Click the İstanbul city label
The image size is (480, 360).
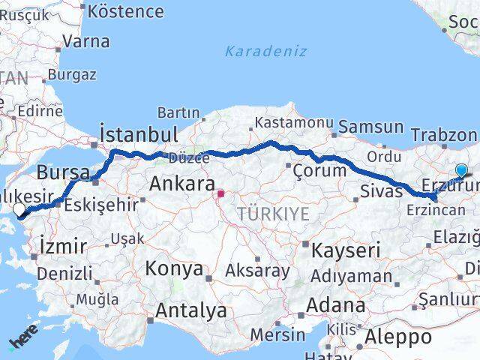tap(139, 135)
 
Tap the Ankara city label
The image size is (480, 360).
tap(182, 183)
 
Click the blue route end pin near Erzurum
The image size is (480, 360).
tap(460, 171)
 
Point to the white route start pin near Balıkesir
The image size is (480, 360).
tap(19, 210)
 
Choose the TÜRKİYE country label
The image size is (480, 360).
tap(273, 214)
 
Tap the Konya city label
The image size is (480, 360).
tap(174, 268)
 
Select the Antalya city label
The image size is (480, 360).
tap(190, 310)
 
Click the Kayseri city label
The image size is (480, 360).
tap(346, 250)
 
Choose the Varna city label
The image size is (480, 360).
tap(86, 40)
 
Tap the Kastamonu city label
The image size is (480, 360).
tap(293, 121)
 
